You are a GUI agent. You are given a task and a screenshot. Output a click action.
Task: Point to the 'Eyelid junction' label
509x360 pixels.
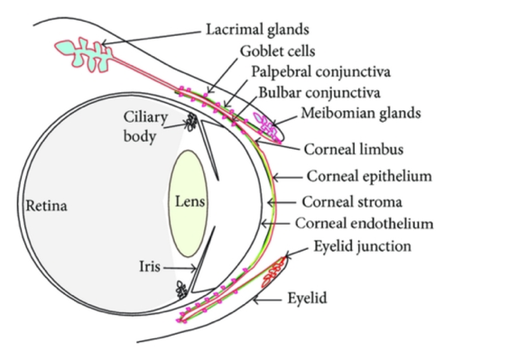360,245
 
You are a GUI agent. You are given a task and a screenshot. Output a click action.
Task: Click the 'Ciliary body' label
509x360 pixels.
145,128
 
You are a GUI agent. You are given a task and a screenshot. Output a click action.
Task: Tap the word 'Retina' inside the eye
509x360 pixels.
46,206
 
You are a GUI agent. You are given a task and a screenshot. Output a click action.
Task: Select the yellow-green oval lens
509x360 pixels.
190,203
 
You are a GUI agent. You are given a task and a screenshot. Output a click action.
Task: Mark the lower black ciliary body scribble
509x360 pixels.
183,291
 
